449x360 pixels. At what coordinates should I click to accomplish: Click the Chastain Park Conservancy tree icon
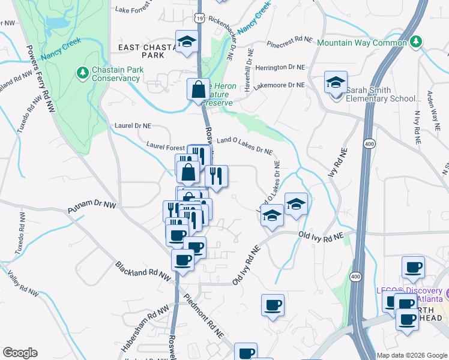point(83,73)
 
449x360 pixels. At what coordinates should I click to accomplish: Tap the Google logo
point(20,352)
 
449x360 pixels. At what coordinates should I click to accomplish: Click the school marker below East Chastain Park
point(187,41)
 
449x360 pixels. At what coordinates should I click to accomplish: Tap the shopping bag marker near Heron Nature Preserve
point(198,89)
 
